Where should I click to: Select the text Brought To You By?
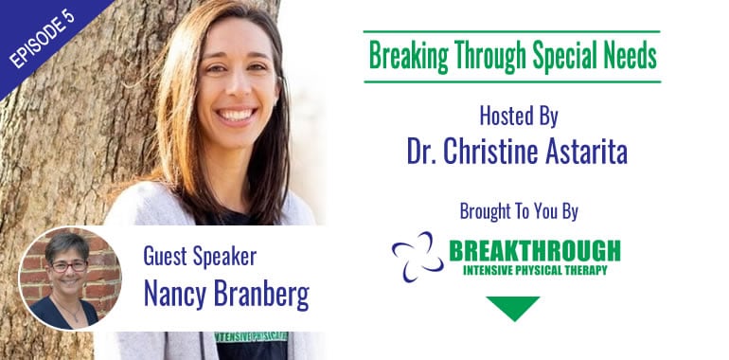pyautogui.click(x=517, y=208)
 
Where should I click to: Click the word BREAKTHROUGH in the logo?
pyautogui.click(x=534, y=251)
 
